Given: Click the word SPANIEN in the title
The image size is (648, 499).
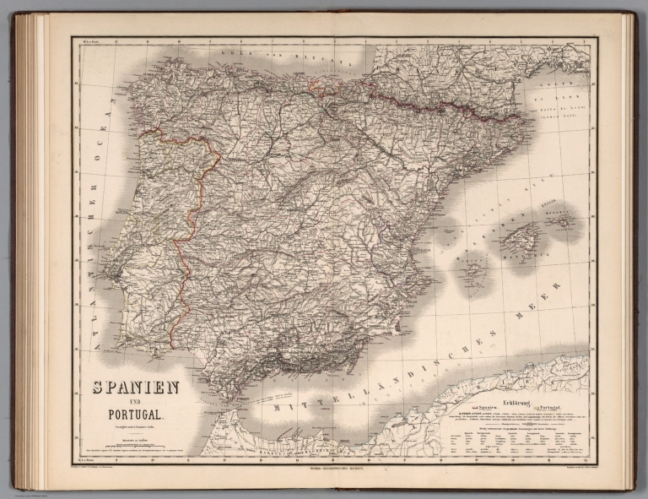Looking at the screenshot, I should coord(130,388).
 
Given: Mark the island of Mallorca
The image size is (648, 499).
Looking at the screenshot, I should coord(518,239).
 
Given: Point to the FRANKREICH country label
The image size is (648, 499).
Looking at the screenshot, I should coord(472,59).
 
